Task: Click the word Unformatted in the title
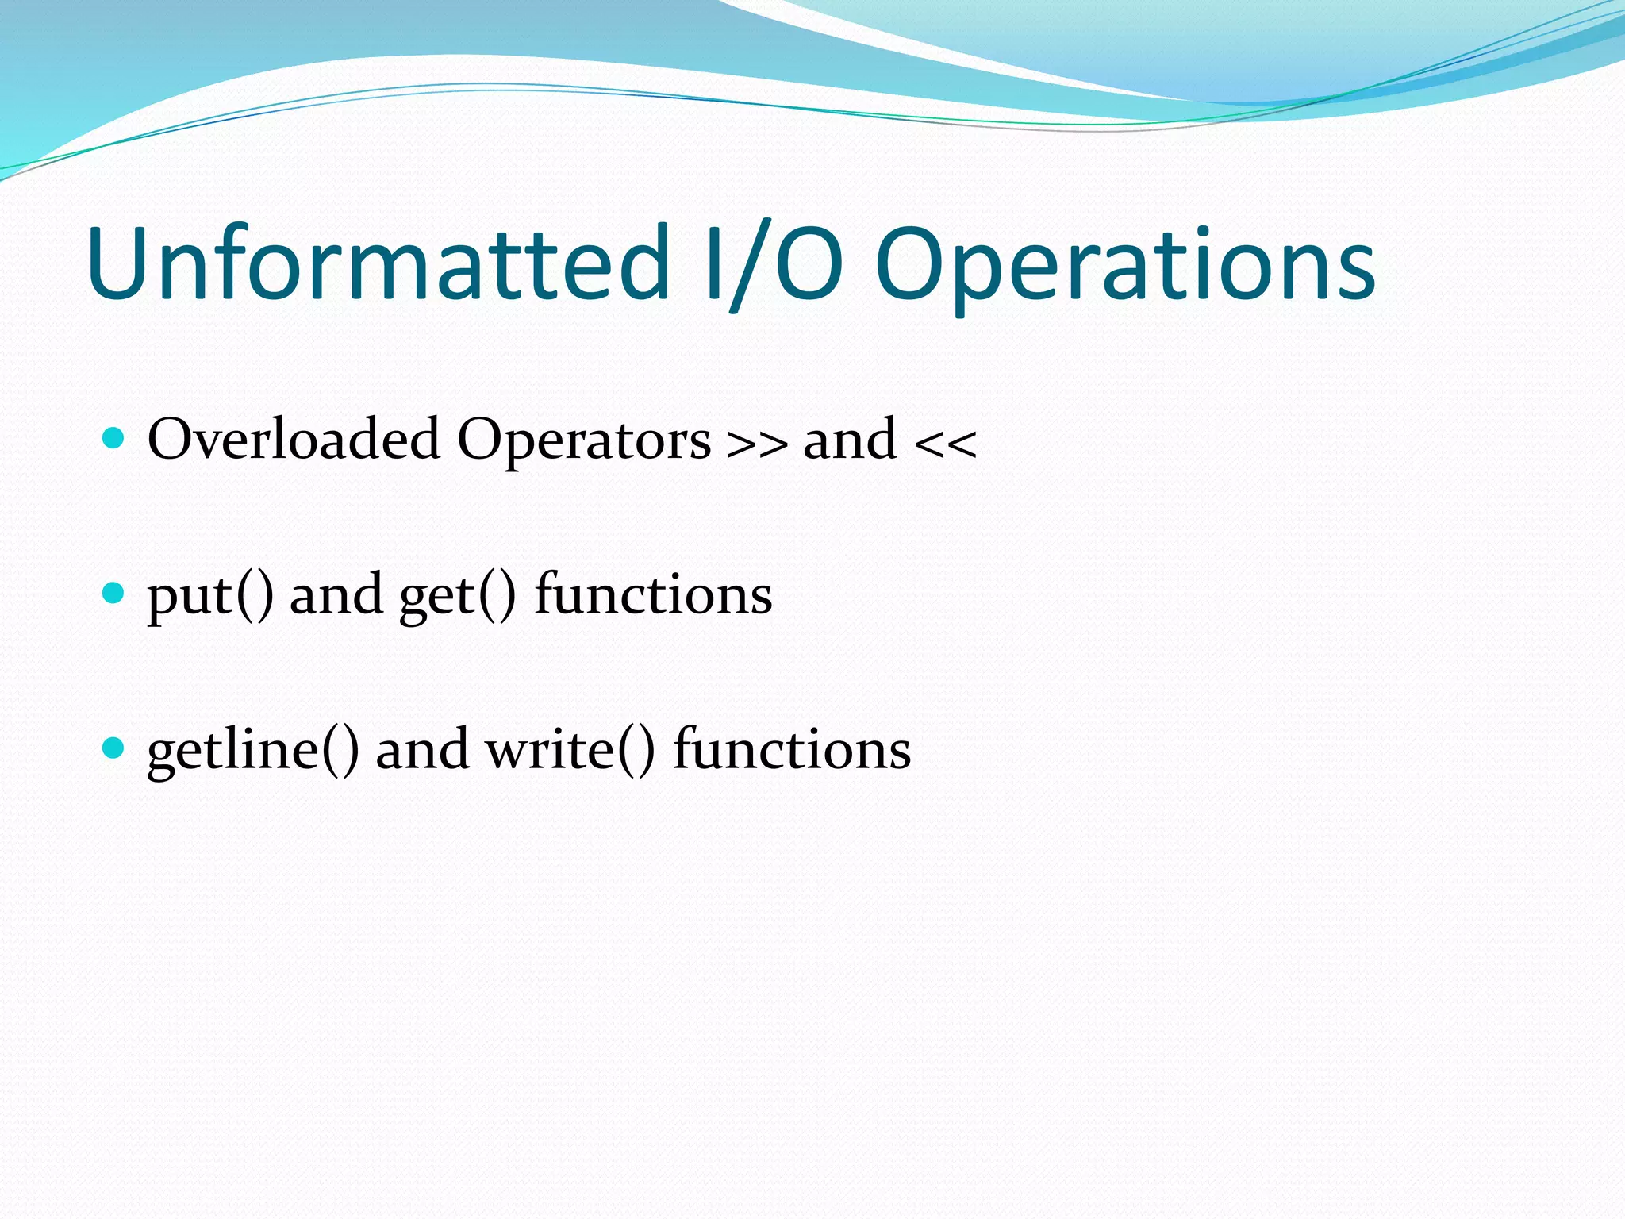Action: coord(379,263)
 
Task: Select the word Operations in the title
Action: coord(1125,266)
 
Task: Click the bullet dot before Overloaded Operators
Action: coord(114,438)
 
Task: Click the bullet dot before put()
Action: coord(114,593)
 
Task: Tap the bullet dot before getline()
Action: coord(114,748)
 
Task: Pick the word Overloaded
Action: coord(294,439)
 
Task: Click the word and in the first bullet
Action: coord(850,439)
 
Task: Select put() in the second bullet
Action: coord(210,595)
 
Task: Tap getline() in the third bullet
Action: coord(252,750)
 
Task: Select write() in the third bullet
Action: coord(570,750)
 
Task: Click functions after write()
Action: coord(792,748)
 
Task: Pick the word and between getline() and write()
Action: coord(422,748)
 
